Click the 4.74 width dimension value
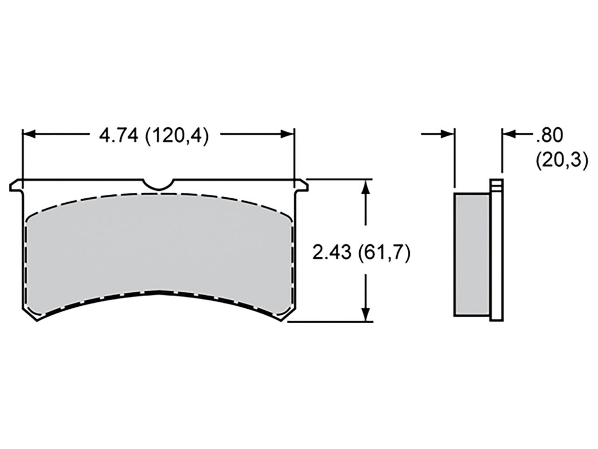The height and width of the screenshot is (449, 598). tap(154, 136)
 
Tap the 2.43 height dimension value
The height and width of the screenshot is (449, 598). tap(361, 253)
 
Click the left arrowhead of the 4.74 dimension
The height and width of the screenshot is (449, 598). tap(29, 134)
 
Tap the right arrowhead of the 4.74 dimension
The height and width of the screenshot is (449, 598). tap(288, 134)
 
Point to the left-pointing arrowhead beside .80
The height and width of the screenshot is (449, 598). tap(509, 134)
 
